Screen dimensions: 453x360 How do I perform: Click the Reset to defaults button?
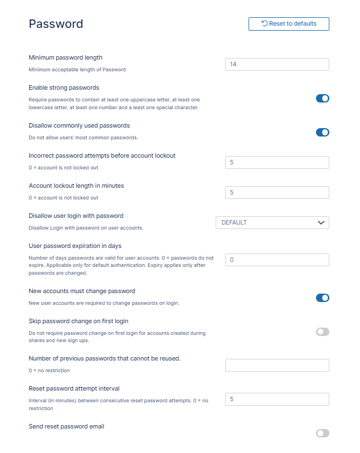click(x=289, y=24)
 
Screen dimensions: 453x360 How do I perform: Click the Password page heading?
click(x=56, y=24)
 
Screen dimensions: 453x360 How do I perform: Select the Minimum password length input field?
click(x=277, y=65)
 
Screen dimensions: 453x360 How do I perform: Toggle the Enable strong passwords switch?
click(x=323, y=99)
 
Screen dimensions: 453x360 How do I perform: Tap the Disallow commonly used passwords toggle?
click(x=323, y=133)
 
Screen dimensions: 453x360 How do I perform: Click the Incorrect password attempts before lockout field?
click(x=277, y=162)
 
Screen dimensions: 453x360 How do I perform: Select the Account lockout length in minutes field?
click(x=277, y=192)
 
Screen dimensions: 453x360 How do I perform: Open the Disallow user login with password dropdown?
click(x=272, y=222)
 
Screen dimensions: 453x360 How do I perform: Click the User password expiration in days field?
click(x=277, y=260)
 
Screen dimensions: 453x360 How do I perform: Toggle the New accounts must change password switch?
click(x=323, y=298)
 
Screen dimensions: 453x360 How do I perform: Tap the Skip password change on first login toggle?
click(x=323, y=332)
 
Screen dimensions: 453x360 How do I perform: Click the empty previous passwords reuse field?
click(x=277, y=366)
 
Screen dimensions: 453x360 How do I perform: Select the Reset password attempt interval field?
click(x=277, y=400)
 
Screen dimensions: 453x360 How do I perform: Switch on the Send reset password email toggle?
click(x=323, y=433)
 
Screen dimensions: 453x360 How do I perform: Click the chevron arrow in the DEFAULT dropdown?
click(x=321, y=222)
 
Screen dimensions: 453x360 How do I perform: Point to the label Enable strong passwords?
click(x=64, y=87)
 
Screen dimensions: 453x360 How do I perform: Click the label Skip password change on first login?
click(x=82, y=321)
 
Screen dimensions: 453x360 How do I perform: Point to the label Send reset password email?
click(x=66, y=426)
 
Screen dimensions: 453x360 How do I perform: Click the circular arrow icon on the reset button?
click(x=265, y=23)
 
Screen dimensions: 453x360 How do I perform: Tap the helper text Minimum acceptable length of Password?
click(x=77, y=70)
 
